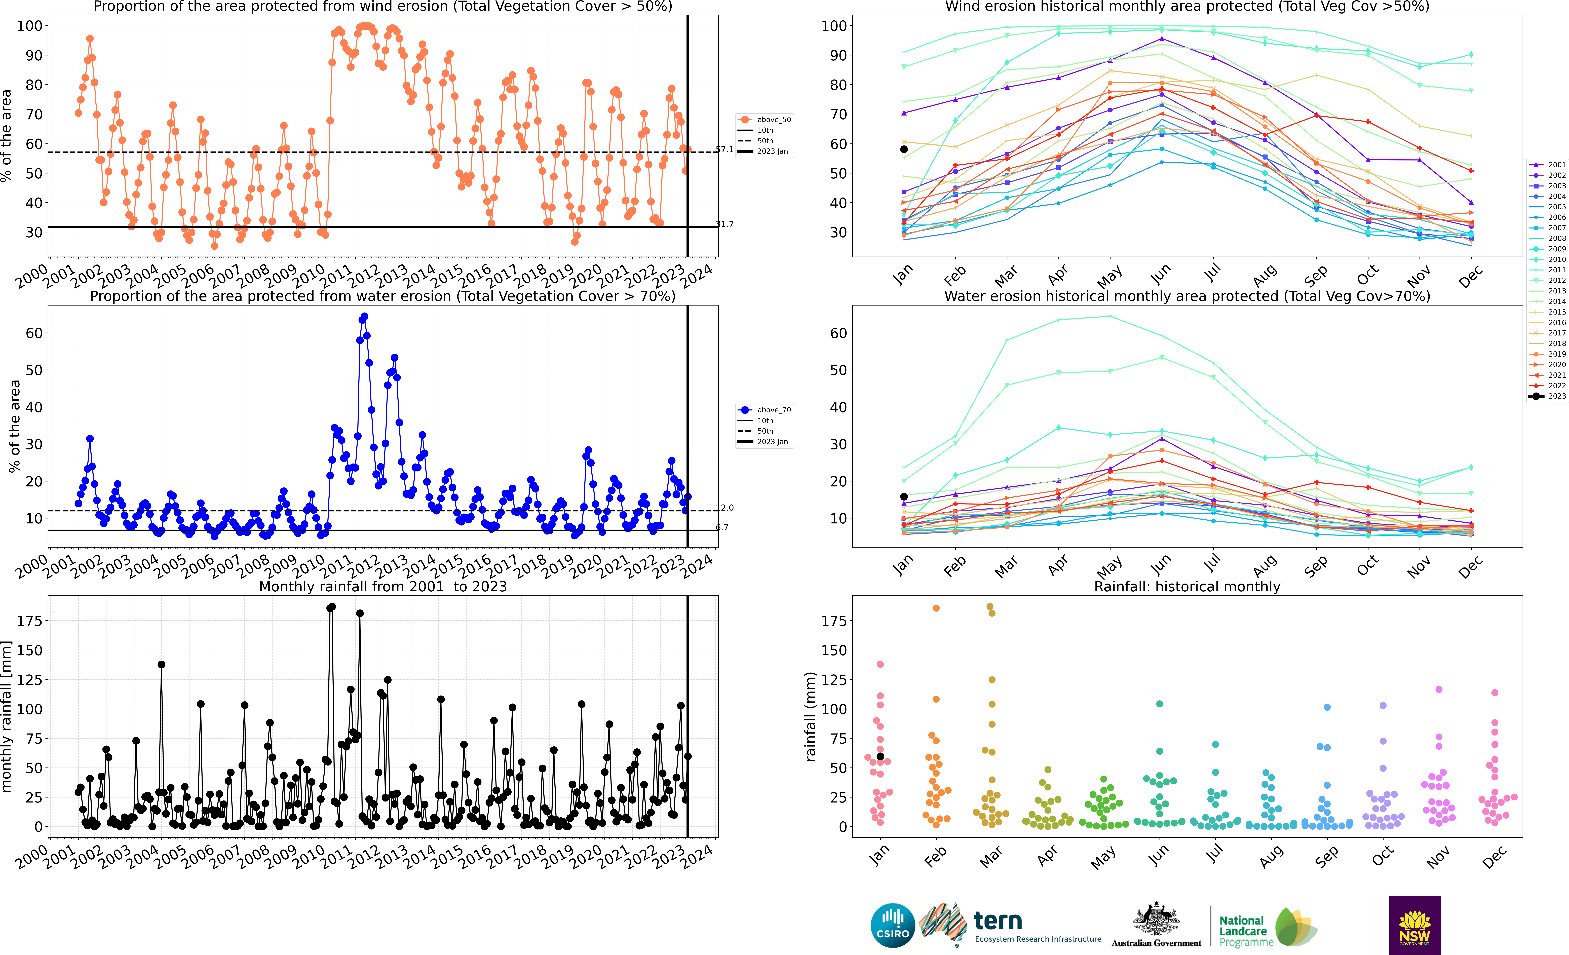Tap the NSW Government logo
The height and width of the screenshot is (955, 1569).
(x=1414, y=925)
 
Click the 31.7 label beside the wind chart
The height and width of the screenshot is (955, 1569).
(x=725, y=224)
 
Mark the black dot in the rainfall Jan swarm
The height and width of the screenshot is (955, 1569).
(x=880, y=756)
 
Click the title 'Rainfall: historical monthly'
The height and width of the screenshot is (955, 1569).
(x=1187, y=586)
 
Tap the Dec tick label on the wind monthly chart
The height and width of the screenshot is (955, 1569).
(x=1470, y=276)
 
